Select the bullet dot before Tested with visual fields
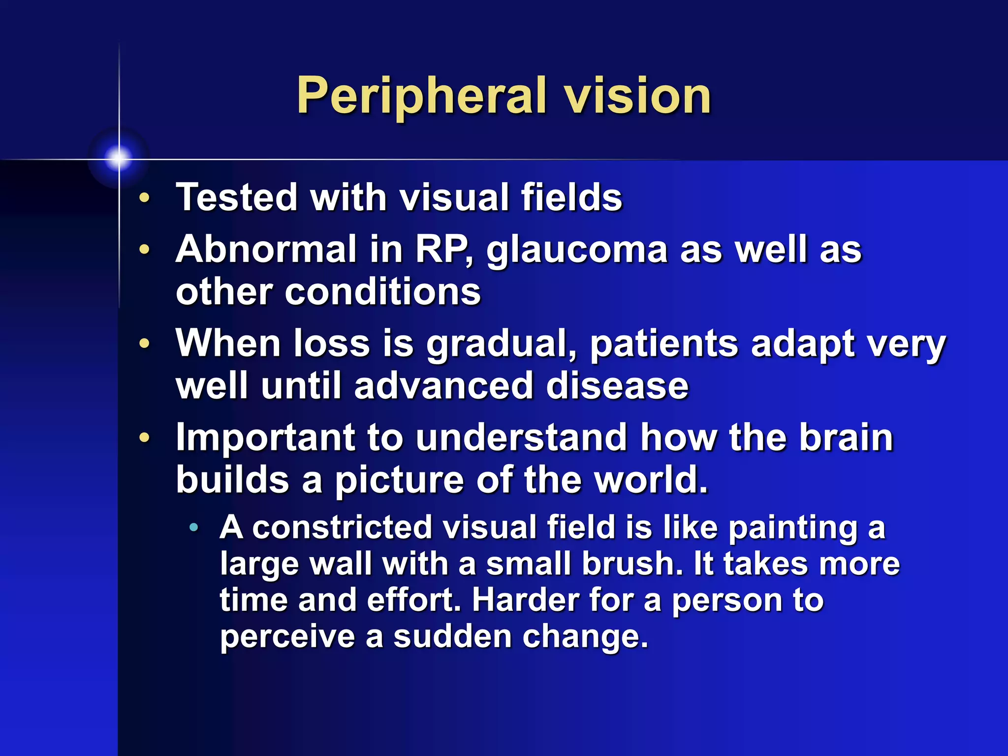(144, 198)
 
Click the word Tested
(237, 197)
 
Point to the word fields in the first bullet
(572, 197)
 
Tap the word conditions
(382, 291)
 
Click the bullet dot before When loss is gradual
(144, 343)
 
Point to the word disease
(617, 385)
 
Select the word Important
(265, 438)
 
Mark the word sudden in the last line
(452, 636)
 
